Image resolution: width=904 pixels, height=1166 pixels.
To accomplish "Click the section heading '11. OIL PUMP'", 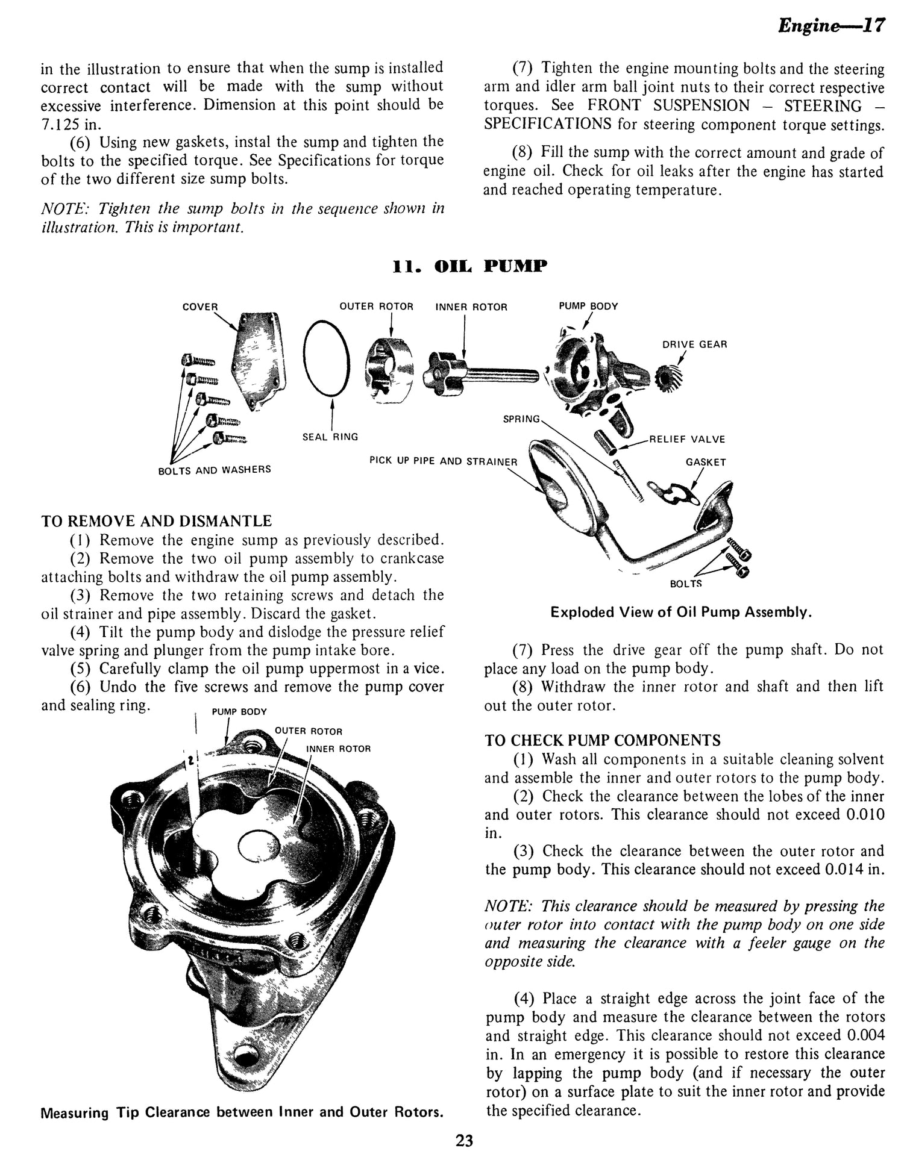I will point(469,266).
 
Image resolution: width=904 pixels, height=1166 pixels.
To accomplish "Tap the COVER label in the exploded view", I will point(200,307).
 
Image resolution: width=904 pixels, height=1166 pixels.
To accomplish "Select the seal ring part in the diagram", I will point(326,358).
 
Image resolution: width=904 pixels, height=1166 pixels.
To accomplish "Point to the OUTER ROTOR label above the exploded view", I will point(376,307).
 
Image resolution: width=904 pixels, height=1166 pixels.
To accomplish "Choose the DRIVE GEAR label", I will point(694,344).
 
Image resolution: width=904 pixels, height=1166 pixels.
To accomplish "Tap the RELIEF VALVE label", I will point(687,439).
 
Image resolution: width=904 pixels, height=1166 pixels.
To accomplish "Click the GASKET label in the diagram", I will point(706,462).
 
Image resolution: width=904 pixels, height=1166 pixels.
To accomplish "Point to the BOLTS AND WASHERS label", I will point(214,469).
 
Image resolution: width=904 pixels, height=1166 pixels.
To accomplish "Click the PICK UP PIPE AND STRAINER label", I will point(443,461).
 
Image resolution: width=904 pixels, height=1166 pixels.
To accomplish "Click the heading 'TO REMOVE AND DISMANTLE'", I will point(156,521).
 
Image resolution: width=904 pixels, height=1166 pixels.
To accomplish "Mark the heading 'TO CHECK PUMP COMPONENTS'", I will point(603,740).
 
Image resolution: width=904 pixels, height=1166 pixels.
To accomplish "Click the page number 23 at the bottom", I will point(464,1141).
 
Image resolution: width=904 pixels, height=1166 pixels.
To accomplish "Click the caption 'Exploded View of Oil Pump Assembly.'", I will point(681,613).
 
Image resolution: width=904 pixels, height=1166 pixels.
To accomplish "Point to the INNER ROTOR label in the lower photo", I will point(338,749).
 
